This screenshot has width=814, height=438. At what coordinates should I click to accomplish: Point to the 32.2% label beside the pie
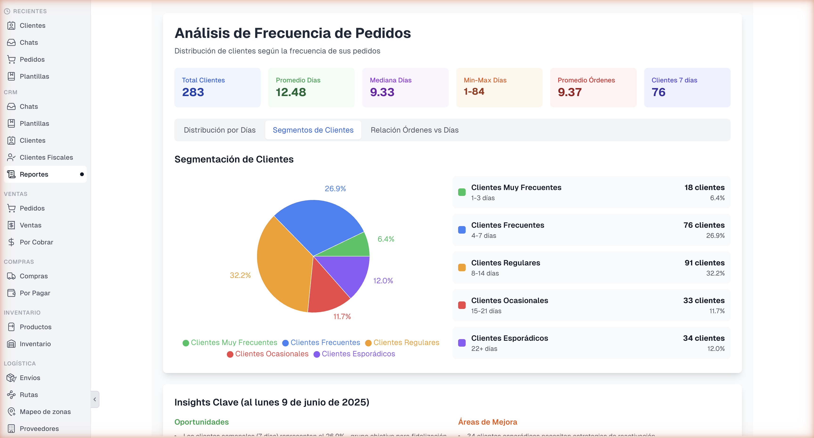point(240,275)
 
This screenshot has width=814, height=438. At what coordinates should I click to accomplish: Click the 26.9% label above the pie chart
point(335,189)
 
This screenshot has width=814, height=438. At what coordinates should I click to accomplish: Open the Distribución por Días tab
point(220,130)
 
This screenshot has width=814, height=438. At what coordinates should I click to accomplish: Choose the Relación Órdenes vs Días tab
point(414,130)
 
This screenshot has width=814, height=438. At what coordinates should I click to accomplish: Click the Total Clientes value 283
point(193,92)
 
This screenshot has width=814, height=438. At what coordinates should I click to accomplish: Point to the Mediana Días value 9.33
point(382,92)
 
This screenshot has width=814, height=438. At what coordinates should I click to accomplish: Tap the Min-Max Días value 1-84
point(474,92)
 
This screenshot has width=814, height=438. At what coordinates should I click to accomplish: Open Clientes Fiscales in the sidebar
point(46,157)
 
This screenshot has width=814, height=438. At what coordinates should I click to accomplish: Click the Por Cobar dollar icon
point(11,242)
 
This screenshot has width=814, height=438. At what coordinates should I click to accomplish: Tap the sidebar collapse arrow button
point(95,399)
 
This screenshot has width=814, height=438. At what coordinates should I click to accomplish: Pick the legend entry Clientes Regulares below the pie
point(402,343)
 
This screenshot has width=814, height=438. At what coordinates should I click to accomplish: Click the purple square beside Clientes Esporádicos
point(462,343)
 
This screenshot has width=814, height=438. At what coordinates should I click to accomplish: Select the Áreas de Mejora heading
point(487,422)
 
